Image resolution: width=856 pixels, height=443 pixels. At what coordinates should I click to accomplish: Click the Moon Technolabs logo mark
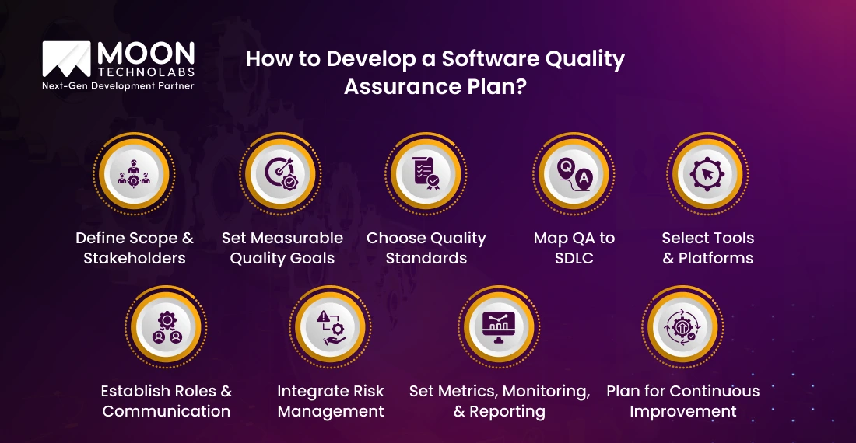(66, 59)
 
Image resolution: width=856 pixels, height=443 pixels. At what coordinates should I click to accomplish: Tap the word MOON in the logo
(146, 54)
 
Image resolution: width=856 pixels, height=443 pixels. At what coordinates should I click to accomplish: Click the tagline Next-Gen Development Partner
(118, 86)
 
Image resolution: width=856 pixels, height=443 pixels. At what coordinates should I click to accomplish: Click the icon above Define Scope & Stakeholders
(134, 174)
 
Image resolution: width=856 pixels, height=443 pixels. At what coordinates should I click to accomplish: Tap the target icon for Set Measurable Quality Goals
(280, 174)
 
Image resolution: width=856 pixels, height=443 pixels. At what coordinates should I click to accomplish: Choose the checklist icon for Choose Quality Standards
(426, 174)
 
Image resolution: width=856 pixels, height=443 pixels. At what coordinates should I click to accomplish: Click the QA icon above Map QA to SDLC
(574, 174)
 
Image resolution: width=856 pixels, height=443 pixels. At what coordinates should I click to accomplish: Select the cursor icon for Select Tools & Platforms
(707, 174)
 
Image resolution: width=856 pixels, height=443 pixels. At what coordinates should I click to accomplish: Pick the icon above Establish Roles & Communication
(167, 327)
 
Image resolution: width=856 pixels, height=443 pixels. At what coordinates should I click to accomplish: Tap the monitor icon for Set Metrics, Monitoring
(499, 328)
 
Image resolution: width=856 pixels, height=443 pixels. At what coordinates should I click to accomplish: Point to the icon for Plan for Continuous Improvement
(682, 327)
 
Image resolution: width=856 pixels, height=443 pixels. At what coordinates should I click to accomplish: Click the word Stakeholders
(135, 258)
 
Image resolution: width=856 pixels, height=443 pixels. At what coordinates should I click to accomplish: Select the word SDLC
(574, 258)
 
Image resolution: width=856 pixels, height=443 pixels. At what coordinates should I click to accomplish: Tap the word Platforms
(716, 258)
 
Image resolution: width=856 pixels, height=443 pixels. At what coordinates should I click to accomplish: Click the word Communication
(166, 411)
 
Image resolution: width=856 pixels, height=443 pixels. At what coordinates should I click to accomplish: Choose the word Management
(331, 412)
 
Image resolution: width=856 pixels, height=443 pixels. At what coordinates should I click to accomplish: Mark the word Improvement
(683, 412)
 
